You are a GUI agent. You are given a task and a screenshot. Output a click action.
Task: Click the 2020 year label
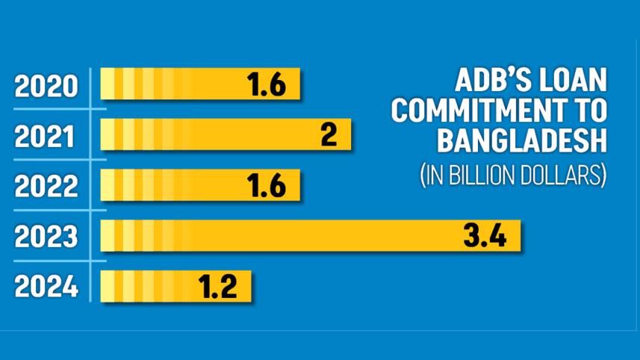(x=46, y=87)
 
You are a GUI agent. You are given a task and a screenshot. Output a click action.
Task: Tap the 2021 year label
(x=46, y=137)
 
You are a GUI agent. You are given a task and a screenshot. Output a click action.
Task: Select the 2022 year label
(x=46, y=187)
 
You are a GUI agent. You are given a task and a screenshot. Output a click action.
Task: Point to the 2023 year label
(x=46, y=237)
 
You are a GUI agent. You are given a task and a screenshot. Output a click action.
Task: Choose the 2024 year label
(x=46, y=287)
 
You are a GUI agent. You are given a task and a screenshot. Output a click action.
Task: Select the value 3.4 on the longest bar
(x=485, y=237)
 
